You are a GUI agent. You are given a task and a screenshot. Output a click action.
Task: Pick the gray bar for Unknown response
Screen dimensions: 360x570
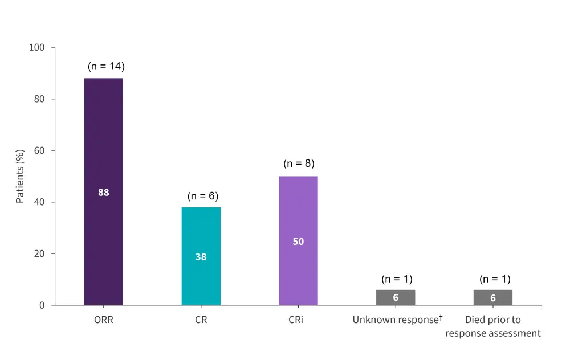396,297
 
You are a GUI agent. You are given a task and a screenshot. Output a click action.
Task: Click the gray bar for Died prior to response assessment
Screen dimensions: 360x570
493,297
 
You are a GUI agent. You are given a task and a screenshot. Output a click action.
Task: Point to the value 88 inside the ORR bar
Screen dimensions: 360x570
103,193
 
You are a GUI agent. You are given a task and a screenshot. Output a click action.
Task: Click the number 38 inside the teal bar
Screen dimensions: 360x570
201,257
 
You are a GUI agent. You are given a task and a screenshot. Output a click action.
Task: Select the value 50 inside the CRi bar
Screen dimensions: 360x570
298,242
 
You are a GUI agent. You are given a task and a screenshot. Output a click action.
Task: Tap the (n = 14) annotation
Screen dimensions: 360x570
106,67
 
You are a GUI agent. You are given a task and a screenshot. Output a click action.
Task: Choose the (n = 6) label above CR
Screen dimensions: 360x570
203,197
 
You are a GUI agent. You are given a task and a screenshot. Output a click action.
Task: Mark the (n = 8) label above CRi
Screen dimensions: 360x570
299,164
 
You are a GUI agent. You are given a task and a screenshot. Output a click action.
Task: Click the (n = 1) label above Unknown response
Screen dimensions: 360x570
397,279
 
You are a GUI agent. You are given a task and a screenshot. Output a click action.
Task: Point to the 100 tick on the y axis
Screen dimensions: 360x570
37,47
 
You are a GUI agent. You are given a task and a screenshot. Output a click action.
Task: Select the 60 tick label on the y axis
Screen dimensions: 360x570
39,150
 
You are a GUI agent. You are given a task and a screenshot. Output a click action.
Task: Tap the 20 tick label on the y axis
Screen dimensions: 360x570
39,253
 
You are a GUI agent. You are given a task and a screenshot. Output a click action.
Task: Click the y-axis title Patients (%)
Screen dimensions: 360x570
20,177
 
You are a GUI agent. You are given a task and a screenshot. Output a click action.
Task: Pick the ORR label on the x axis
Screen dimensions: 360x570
103,320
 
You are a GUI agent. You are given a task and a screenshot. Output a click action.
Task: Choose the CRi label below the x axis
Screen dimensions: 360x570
296,320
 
